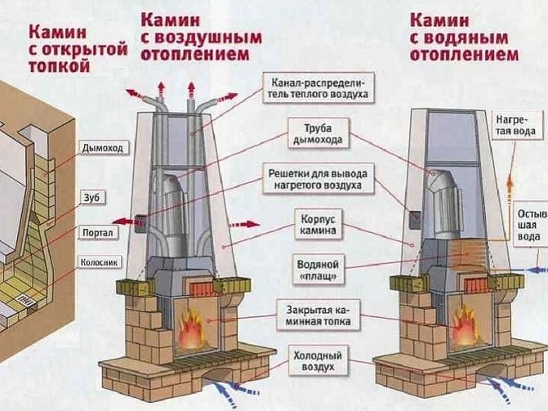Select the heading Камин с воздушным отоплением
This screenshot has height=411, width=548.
pyautogui.click(x=201, y=34)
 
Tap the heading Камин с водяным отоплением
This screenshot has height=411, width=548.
pyautogui.click(x=463, y=35)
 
